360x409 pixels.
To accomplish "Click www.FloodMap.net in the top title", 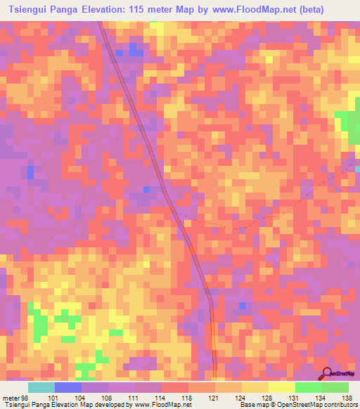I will [283, 10].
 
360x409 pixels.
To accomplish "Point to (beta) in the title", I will [339, 10].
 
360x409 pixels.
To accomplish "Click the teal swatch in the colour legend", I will [41, 387].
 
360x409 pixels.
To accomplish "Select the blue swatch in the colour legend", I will [68, 387].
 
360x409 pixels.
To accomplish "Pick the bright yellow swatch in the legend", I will [282, 387].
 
